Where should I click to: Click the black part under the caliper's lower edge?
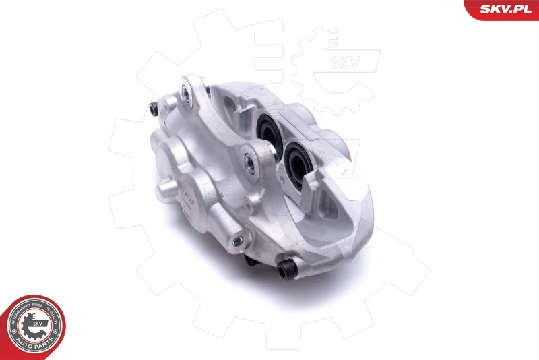tap(251, 259)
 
